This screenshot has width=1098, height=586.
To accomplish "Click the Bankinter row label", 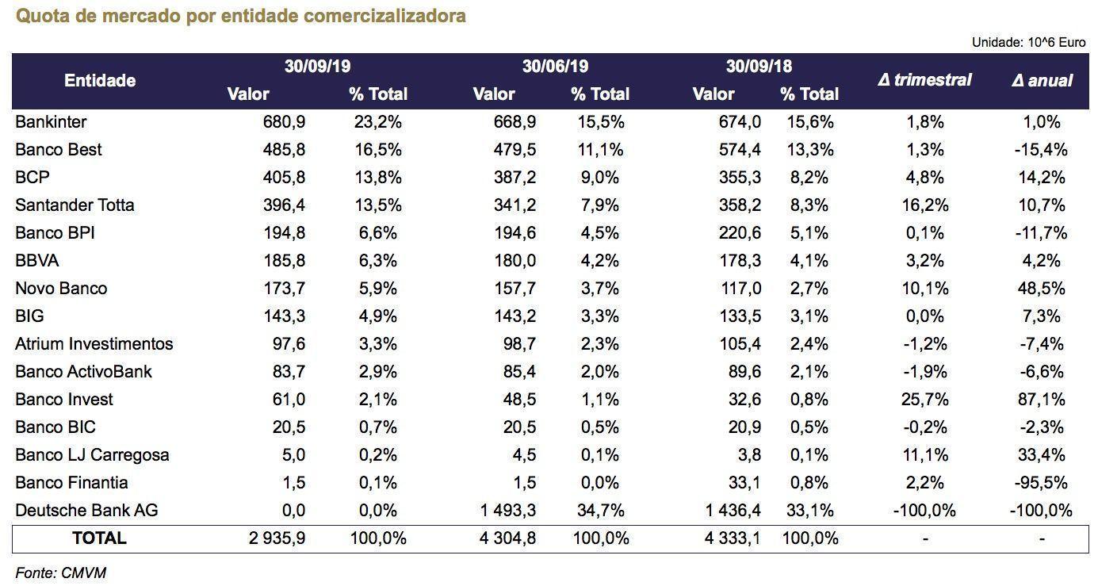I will point(51,122).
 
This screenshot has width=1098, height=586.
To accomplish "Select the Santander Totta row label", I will point(75,205).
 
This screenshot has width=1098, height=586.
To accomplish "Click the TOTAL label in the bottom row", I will point(99,538).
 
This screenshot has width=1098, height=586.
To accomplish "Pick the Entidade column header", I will point(100,80).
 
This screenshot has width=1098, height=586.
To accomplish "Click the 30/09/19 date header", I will point(317,67).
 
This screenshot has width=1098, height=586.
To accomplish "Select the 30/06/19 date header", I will point(555,67).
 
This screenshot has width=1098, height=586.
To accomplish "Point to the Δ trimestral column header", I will point(924,80).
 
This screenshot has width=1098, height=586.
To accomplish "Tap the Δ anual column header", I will point(1042,80).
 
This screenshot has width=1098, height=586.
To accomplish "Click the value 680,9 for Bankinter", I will point(284,122).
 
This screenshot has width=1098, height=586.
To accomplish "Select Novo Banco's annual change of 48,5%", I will point(1042,289).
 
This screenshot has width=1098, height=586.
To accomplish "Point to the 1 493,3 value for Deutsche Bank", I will point(508,511).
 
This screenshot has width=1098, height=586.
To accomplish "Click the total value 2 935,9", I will point(277,538).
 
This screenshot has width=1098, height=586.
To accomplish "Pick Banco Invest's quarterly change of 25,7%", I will point(924,400).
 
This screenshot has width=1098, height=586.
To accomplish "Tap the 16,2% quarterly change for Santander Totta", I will point(924,205).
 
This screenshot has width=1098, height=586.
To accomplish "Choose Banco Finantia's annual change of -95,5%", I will point(1042,483).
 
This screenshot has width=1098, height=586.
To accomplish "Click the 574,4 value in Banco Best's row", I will point(740,150).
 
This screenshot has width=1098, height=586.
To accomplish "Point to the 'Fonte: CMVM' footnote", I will point(60,573).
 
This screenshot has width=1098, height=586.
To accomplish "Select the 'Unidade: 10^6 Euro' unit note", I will point(1028,43).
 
